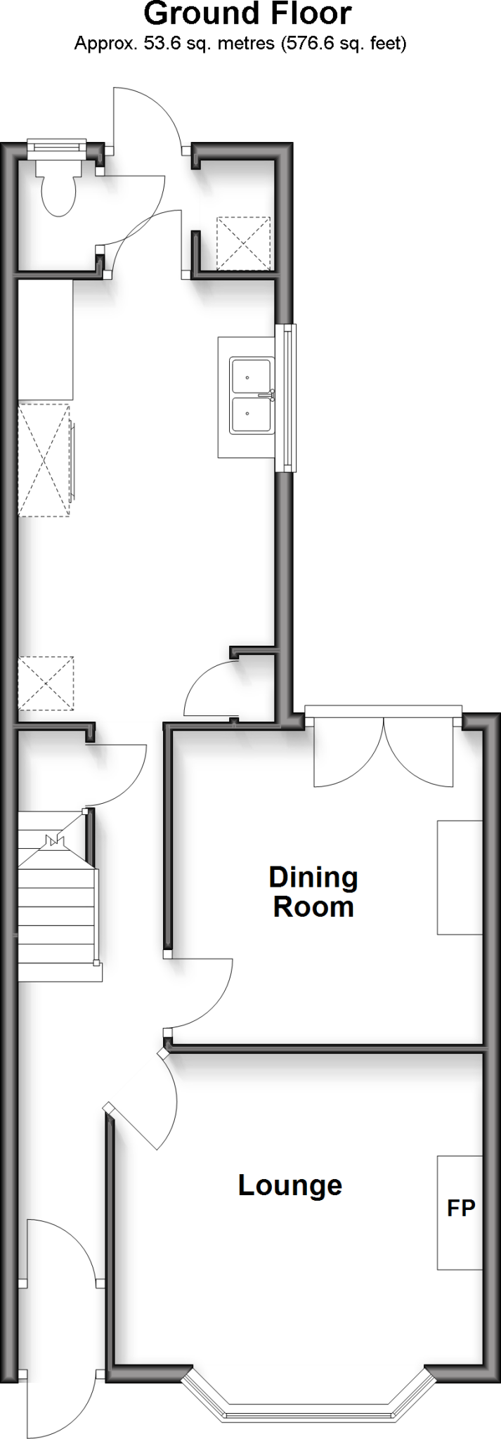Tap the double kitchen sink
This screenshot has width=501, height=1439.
[251, 396]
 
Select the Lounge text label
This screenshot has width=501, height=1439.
[289, 1185]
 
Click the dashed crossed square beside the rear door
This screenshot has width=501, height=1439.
[243, 243]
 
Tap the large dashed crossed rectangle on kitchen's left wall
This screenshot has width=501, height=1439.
[44, 460]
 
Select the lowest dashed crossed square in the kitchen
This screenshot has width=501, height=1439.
[46, 683]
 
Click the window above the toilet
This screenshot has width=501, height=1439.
[56, 146]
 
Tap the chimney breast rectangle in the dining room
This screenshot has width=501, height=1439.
[460, 877]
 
